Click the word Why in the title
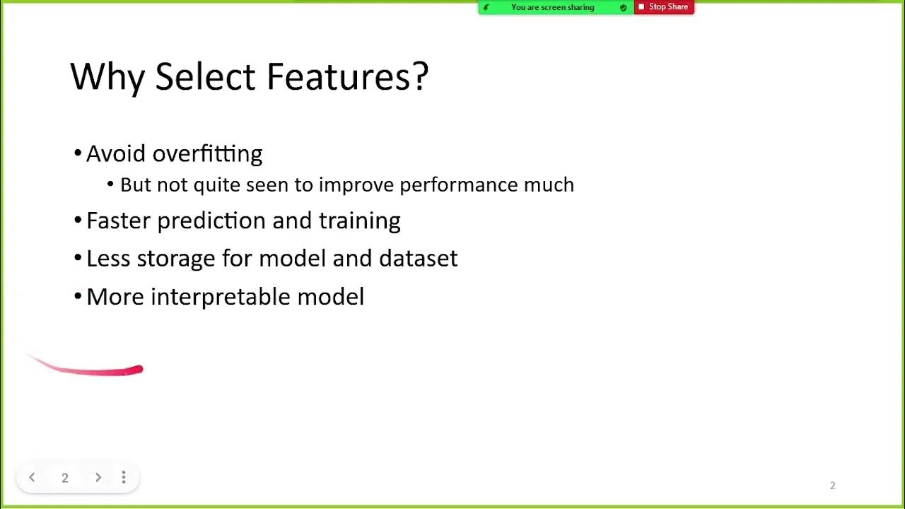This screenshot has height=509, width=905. click(107, 76)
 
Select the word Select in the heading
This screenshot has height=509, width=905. click(206, 76)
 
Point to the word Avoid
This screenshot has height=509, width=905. click(117, 153)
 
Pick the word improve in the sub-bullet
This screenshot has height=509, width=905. click(356, 185)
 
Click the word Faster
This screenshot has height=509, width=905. click(118, 221)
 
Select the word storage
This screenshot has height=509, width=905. click(176, 258)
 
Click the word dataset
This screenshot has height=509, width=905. click(418, 258)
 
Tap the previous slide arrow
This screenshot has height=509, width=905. click(32, 478)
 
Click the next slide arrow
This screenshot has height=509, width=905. click(98, 478)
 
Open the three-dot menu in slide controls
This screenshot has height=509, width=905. click(124, 478)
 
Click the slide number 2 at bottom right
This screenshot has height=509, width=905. click(832, 486)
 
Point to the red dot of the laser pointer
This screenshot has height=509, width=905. click(139, 369)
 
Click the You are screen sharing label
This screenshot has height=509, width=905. click(552, 8)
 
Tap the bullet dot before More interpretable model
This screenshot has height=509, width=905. click(78, 297)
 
